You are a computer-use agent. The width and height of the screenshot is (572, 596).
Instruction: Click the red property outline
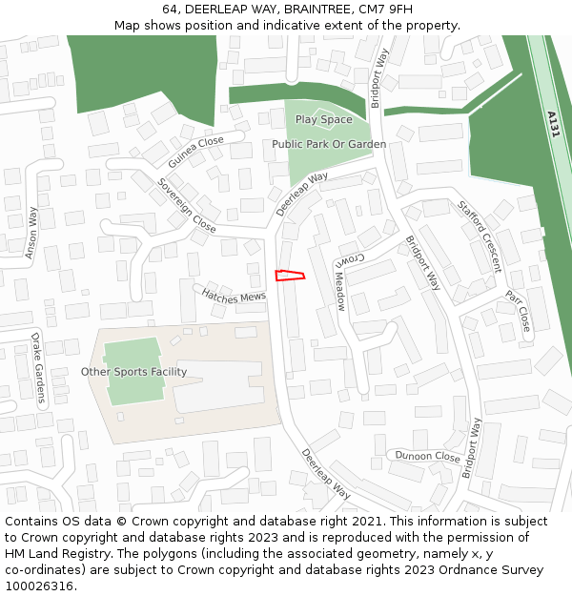tap(289, 276)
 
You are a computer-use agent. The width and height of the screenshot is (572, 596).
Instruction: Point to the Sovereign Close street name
tap(187, 205)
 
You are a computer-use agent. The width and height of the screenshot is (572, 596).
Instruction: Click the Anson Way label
tap(31, 233)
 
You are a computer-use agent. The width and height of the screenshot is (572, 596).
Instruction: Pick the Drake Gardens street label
tap(38, 369)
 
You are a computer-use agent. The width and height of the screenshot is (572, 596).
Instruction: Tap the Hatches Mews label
tap(234, 298)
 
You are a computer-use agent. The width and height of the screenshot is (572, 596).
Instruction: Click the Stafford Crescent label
tap(480, 236)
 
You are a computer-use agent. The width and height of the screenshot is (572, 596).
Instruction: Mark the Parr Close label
tap(518, 311)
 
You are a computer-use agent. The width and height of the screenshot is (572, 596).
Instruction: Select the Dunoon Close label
tap(428, 456)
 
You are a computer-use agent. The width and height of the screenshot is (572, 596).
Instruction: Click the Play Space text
tap(323, 120)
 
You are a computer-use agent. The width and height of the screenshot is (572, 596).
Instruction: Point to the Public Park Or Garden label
tap(329, 144)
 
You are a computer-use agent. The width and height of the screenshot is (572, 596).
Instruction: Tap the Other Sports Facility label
tap(133, 372)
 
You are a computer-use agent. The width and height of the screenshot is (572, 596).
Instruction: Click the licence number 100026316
tap(38, 586)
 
